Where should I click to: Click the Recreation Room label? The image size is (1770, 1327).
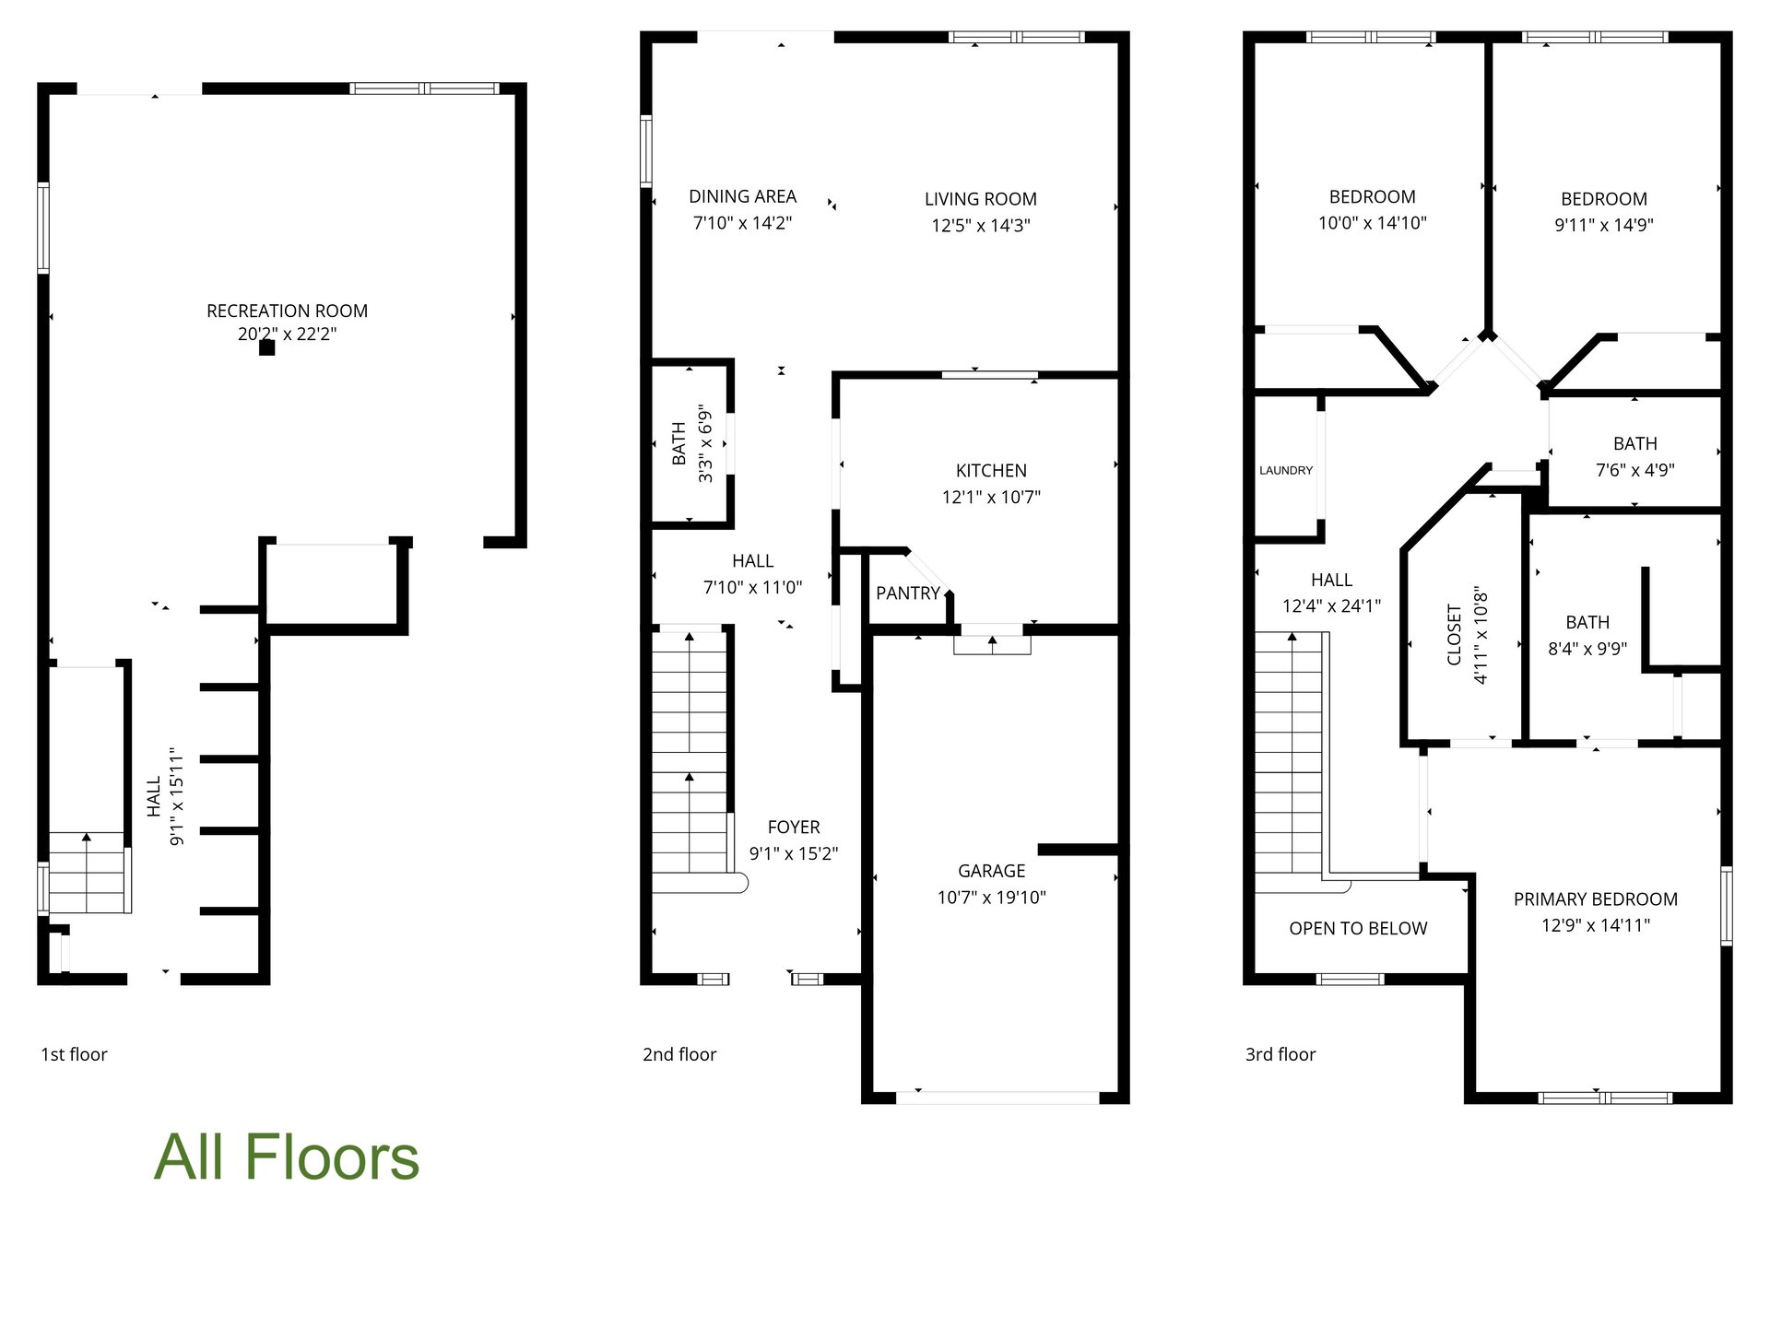coord(287,311)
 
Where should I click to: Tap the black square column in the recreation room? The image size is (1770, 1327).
coord(266,347)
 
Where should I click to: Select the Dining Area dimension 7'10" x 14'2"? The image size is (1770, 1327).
coord(743,223)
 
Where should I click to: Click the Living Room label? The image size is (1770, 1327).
coord(981,199)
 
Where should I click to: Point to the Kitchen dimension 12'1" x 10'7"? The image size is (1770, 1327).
coord(991,498)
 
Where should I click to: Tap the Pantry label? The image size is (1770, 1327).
coord(908,593)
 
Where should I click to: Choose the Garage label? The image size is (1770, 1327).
coord(992,871)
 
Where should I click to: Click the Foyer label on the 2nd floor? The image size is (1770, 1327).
coord(794,828)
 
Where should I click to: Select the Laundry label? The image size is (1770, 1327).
coord(1286,471)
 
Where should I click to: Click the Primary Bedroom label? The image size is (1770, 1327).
coord(1596,899)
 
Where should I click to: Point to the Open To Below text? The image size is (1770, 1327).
coord(1358,929)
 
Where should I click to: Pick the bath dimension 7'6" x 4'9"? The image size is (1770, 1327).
coord(1635,470)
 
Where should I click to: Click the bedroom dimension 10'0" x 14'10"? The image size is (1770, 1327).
coord(1373,223)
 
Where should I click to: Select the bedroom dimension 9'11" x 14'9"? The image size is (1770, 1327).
coord(1604,225)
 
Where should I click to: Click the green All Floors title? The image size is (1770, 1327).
coord(287,1157)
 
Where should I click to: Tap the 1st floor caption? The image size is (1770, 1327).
coord(74,1055)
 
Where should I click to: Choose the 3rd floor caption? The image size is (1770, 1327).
coord(1280,1055)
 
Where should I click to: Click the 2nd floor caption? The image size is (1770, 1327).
coord(679,1055)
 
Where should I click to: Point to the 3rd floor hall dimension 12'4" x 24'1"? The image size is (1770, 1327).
coord(1332,606)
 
